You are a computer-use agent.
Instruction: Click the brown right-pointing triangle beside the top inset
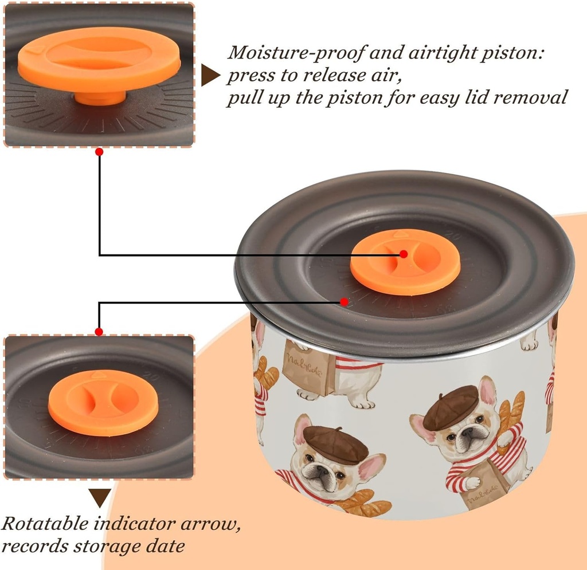[x=210, y=75]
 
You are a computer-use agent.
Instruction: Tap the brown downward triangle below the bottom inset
[x=100, y=497]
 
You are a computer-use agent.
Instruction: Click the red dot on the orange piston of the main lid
[x=404, y=254]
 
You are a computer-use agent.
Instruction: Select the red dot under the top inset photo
[x=99, y=152]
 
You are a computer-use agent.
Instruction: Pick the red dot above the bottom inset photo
[x=99, y=332]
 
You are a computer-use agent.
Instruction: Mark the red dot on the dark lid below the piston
[x=344, y=301]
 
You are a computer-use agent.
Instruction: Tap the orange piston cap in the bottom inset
[x=103, y=403]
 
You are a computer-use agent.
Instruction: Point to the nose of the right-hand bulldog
[x=467, y=433]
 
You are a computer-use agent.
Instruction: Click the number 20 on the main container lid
[x=454, y=235]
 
